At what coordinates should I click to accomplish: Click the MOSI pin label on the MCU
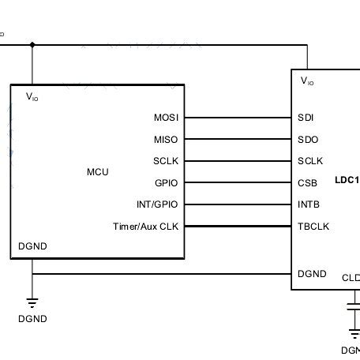pyautogui.click(x=167, y=118)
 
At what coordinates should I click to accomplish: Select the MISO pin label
pyautogui.click(x=167, y=140)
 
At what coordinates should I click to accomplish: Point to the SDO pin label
pyautogui.click(x=307, y=140)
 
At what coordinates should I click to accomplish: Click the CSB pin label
pyautogui.click(x=307, y=183)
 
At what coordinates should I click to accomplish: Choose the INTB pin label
pyautogui.click(x=309, y=204)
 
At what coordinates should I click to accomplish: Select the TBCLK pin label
pyautogui.click(x=313, y=227)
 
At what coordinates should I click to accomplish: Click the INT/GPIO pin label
pyautogui.click(x=158, y=204)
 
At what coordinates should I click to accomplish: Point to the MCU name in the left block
pyautogui.click(x=98, y=172)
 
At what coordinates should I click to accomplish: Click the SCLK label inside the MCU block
pyautogui.click(x=166, y=161)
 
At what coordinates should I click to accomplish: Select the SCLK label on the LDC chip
pyautogui.click(x=310, y=161)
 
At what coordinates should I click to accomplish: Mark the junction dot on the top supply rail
pyautogui.click(x=32, y=44)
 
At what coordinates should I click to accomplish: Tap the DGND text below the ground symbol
pyautogui.click(x=32, y=319)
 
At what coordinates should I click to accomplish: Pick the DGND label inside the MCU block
pyautogui.click(x=32, y=246)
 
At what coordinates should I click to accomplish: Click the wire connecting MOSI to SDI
pyautogui.click(x=237, y=118)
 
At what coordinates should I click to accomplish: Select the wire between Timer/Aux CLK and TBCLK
pyautogui.click(x=237, y=227)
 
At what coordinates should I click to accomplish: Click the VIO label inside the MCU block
pyautogui.click(x=32, y=97)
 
